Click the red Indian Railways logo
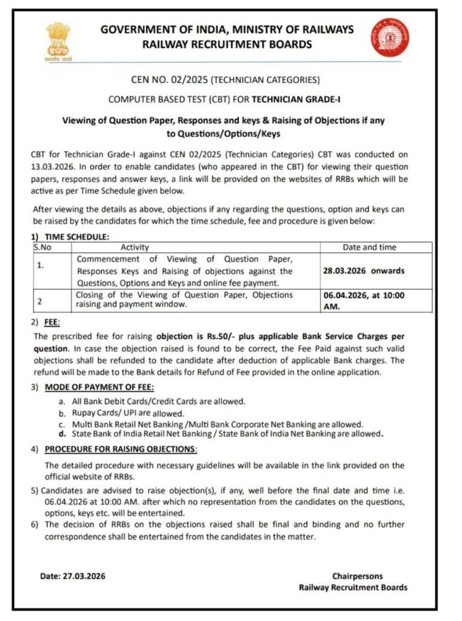(x=390, y=38)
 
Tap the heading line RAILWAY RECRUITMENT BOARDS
(x=227, y=44)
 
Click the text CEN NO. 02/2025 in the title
(x=169, y=79)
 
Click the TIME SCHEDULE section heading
(x=77, y=237)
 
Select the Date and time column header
(x=378, y=247)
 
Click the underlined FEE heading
(x=52, y=323)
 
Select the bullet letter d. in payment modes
(x=62, y=434)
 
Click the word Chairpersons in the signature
(x=357, y=576)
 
